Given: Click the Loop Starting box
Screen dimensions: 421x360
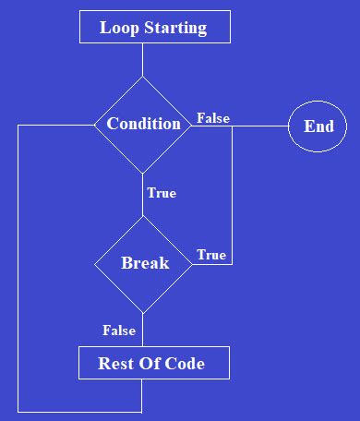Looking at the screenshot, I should [154, 28].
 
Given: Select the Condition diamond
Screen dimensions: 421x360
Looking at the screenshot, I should [143, 124].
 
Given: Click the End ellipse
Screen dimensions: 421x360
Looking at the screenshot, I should [318, 126].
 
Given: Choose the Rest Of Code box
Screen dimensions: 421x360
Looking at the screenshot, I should [152, 363].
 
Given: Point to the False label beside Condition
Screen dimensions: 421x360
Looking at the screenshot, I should [213, 118].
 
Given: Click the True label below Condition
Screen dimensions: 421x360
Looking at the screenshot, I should [162, 194].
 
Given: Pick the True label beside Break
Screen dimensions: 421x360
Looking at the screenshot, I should [210, 255].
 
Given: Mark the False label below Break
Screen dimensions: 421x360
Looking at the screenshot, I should [119, 331].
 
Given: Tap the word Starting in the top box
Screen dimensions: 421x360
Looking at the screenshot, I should [175, 29].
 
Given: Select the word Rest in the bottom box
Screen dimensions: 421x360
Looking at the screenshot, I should [115, 363].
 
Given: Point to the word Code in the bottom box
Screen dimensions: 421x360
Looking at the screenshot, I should [186, 363].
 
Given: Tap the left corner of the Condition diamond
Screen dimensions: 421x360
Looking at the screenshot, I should [95, 125].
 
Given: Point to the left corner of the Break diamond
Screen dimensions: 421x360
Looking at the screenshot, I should [95, 264].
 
